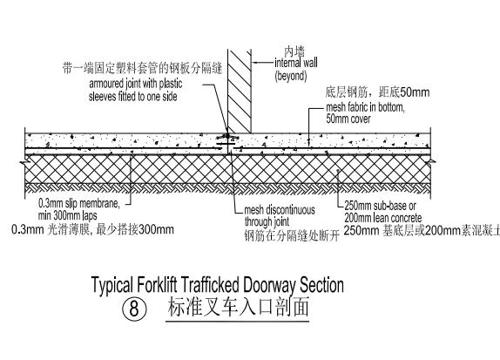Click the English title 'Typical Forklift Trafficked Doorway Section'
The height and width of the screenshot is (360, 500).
[217, 284]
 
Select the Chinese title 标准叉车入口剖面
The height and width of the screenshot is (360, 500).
[237, 309]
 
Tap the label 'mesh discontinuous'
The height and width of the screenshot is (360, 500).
[281, 209]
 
